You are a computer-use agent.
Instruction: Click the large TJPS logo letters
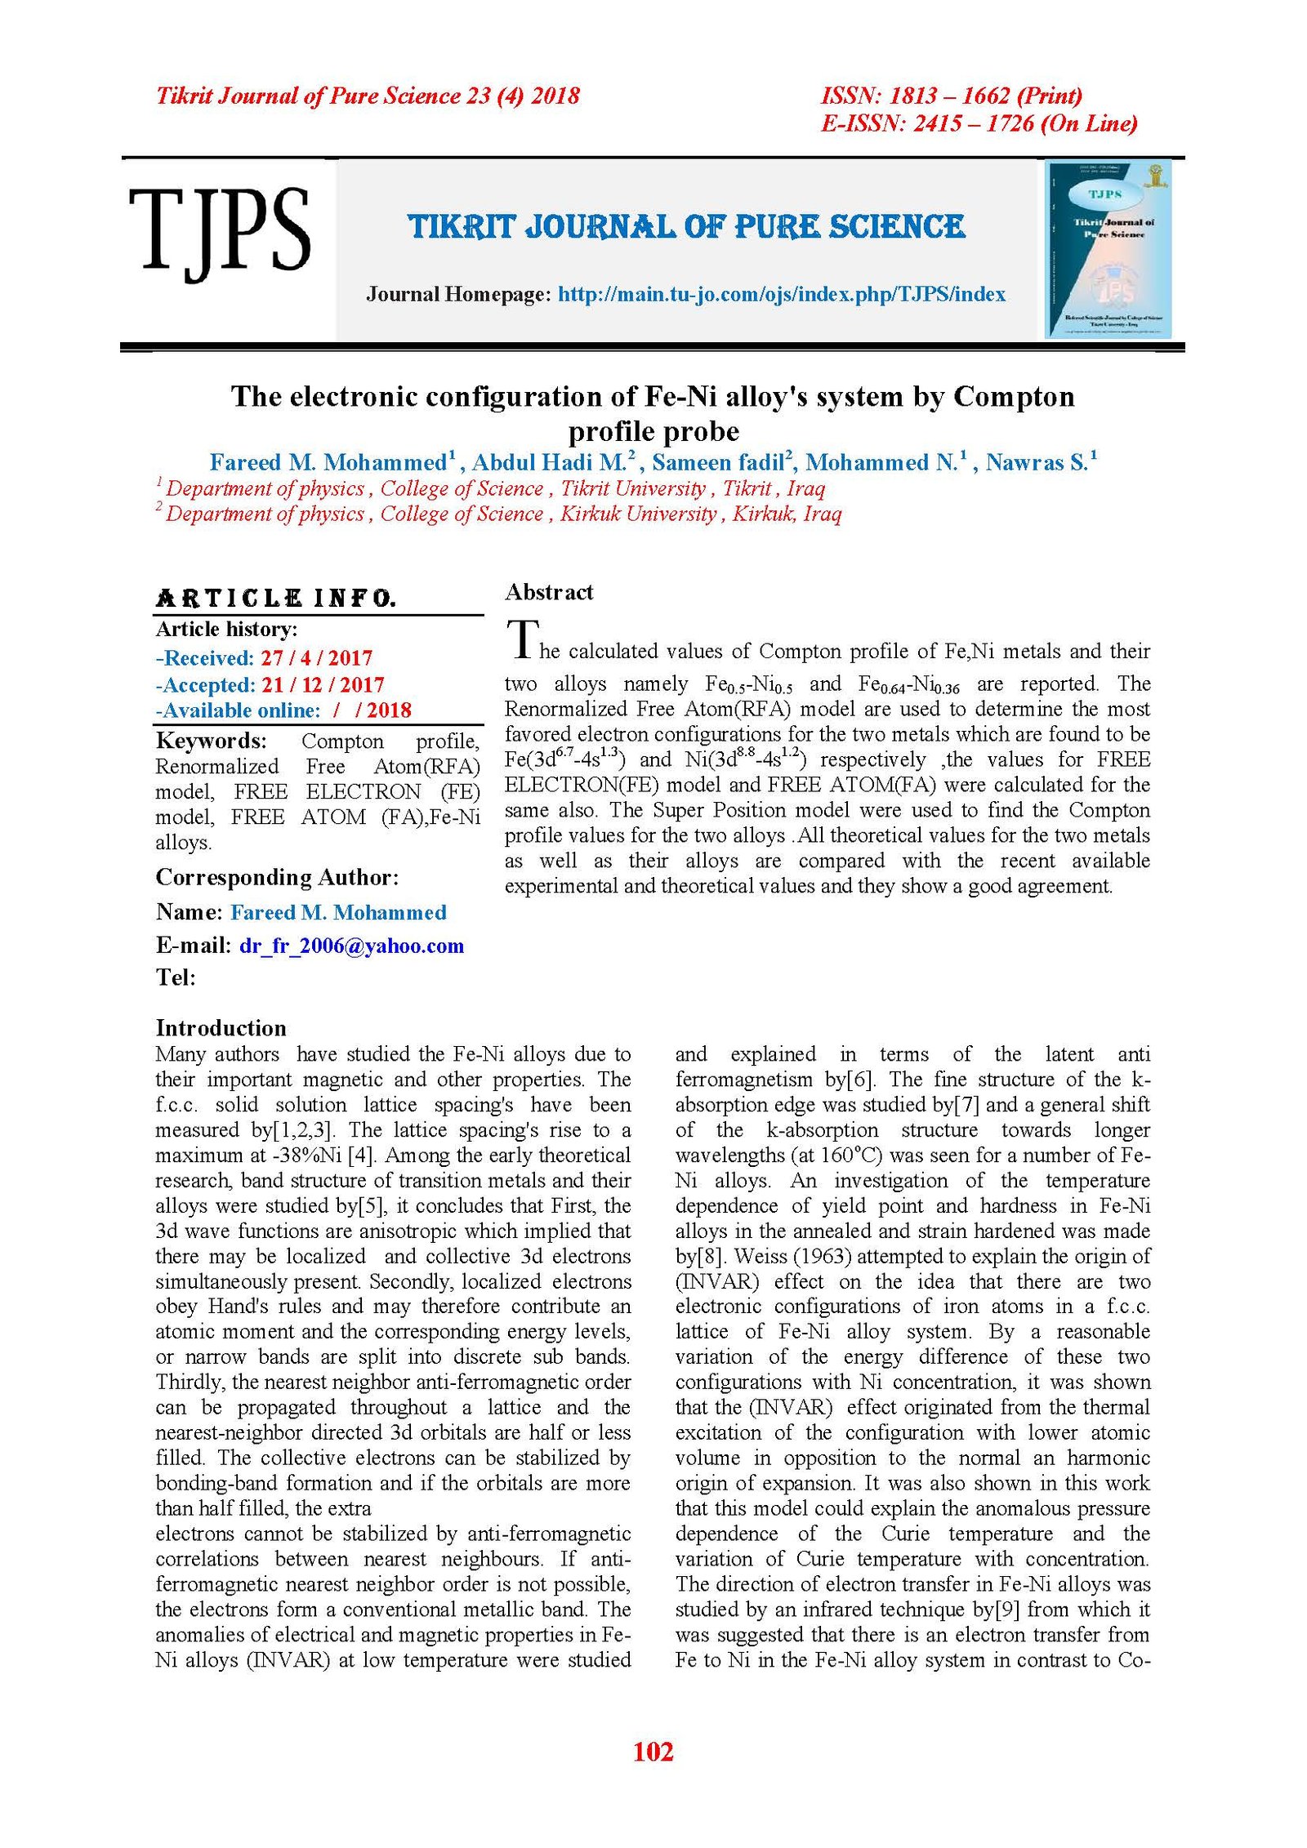[219, 230]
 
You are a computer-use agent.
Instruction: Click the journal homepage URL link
[781, 295]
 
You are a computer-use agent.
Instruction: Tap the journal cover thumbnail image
[1108, 249]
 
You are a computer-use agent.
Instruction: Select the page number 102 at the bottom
[653, 1751]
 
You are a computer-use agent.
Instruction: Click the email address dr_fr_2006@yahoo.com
[351, 946]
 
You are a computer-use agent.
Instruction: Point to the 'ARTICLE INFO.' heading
[276, 599]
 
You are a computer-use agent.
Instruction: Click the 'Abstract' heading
[549, 592]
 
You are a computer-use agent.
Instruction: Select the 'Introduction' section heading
[221, 1028]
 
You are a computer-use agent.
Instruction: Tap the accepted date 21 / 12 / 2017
[323, 684]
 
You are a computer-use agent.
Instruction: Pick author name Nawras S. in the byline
[1036, 463]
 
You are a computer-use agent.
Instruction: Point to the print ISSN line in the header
[951, 96]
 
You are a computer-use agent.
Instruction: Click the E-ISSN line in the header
[979, 123]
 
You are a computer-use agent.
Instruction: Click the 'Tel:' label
[176, 977]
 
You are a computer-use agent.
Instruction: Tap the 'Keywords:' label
[211, 741]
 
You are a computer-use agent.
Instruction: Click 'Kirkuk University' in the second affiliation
[637, 514]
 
